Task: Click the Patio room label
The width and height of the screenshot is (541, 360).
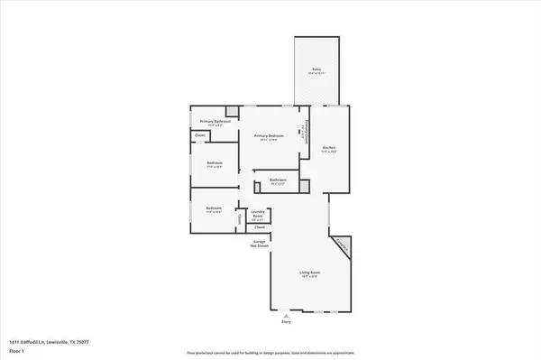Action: point(316,69)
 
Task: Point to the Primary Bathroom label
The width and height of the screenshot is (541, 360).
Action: point(215,121)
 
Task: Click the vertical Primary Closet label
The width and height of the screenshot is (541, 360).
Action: point(307,135)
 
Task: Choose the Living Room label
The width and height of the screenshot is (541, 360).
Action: point(311,272)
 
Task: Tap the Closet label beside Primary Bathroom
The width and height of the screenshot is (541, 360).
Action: point(200,136)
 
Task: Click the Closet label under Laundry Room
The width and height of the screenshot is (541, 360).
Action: point(257,229)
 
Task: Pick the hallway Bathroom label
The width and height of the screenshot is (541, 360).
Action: point(278,180)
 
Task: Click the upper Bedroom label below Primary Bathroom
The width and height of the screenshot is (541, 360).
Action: point(214,163)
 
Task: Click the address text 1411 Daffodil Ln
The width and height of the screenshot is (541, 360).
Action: point(50,343)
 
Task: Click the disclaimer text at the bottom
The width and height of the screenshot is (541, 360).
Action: point(270,352)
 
